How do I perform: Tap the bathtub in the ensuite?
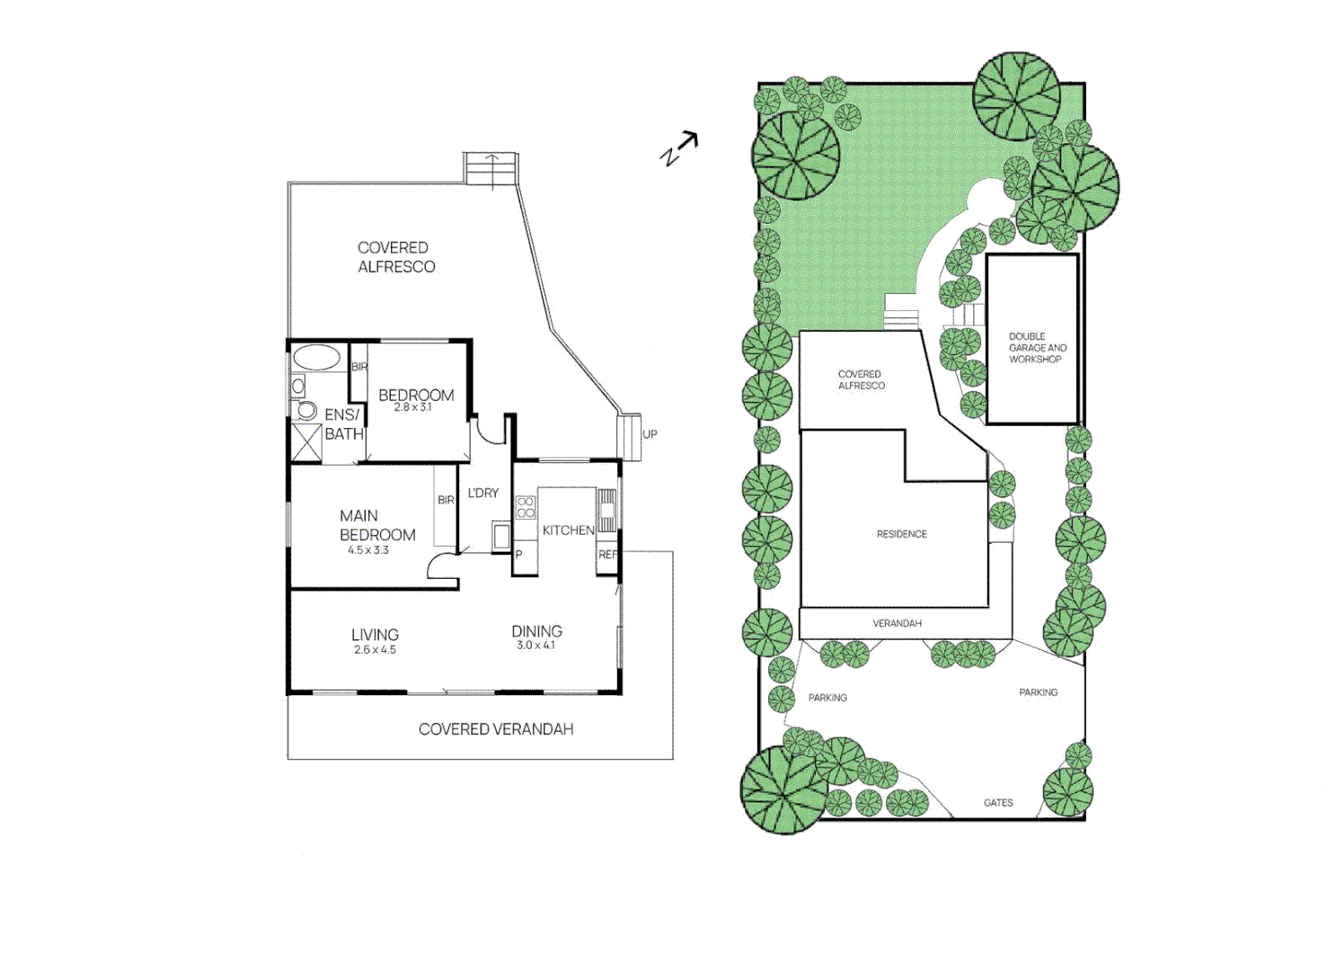(316, 358)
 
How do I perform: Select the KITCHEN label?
(568, 530)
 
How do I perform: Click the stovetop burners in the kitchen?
(526, 507)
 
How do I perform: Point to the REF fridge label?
(607, 555)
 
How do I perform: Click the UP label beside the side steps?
(650, 434)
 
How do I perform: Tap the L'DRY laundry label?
(482, 493)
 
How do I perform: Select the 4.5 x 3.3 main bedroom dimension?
(368, 550)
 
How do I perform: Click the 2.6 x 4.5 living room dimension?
(375, 649)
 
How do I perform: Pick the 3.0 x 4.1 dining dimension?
(535, 646)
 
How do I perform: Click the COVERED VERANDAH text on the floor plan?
(496, 729)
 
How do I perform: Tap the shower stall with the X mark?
(306, 442)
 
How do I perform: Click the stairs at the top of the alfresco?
(491, 169)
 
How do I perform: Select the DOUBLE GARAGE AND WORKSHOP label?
(1037, 348)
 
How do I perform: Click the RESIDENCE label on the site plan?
(901, 534)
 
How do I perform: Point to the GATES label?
(997, 803)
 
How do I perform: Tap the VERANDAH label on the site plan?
(897, 623)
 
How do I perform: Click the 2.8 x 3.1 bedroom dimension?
(412, 407)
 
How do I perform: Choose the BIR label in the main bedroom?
(446, 500)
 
